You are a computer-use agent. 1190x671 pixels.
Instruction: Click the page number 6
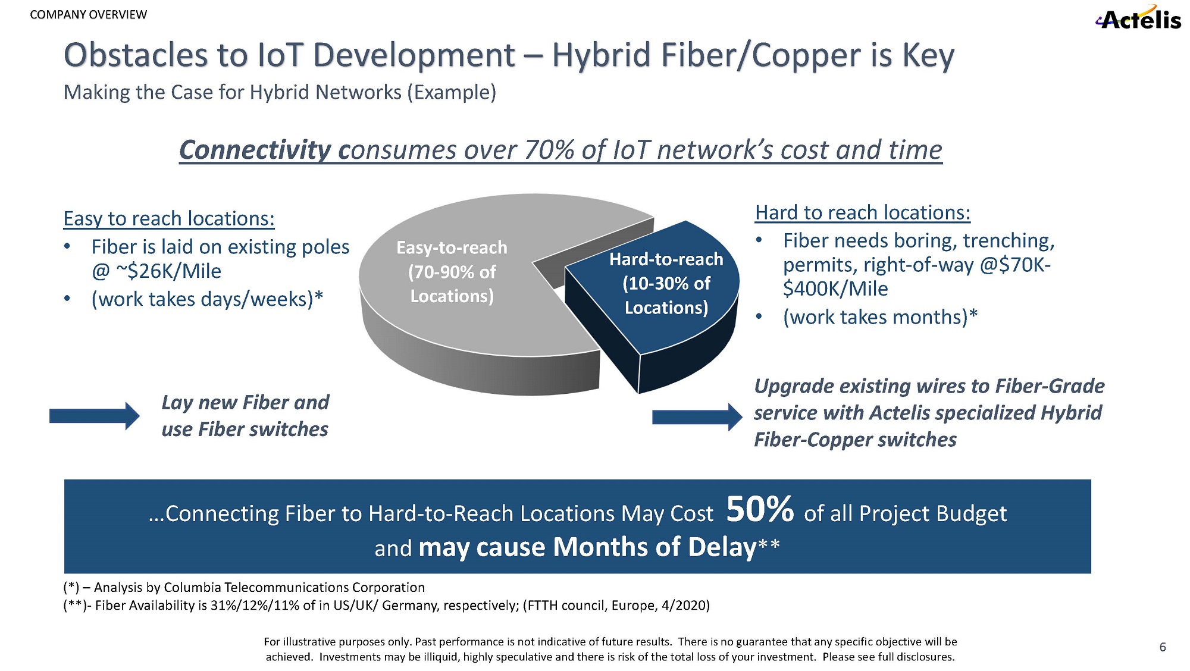click(x=1163, y=647)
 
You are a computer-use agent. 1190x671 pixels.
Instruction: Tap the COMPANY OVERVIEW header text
click(x=88, y=14)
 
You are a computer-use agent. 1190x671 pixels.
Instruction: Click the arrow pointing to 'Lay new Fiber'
click(x=94, y=416)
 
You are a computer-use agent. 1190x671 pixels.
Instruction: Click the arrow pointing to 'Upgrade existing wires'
click(x=697, y=416)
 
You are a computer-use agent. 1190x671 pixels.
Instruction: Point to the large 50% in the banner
click(x=760, y=509)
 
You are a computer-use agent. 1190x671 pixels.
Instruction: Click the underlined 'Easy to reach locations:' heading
click(x=169, y=218)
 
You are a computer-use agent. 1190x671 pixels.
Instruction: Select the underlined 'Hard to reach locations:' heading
click(x=863, y=212)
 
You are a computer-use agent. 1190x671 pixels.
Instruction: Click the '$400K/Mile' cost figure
click(x=835, y=289)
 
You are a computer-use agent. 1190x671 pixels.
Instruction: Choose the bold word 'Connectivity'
click(x=255, y=150)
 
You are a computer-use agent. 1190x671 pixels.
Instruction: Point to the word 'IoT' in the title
click(x=280, y=55)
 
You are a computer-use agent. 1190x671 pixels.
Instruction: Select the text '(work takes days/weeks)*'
click(x=207, y=299)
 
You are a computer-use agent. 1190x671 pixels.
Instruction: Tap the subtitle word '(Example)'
click(x=452, y=92)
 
